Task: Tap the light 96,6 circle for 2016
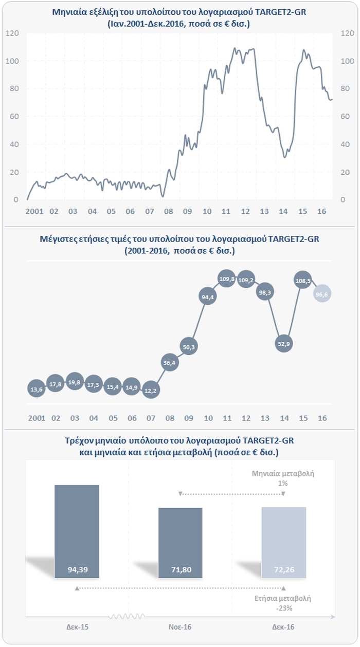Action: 322,293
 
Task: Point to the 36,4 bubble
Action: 169,363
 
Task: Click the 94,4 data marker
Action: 207,297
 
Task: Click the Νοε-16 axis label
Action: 180,627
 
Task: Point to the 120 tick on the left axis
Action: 12,33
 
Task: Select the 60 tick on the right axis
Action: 347,116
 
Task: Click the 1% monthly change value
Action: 283,484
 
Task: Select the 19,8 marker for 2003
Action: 75,382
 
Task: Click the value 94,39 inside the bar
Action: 77,569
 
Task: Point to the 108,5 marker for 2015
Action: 303,281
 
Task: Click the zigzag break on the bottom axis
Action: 123,616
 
